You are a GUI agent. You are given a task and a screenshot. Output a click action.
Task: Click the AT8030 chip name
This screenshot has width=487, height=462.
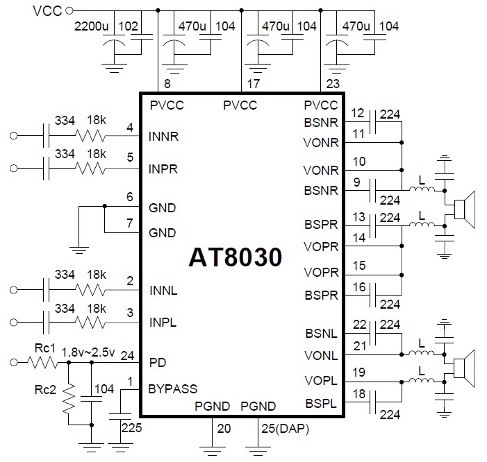(x=236, y=258)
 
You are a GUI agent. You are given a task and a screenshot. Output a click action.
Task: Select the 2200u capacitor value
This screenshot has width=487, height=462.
(x=92, y=26)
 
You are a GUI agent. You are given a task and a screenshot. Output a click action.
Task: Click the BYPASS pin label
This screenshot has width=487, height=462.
(x=173, y=389)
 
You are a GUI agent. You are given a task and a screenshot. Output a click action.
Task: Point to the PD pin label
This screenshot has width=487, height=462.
(x=157, y=362)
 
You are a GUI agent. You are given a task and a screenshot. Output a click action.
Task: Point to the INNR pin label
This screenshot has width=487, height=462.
(x=164, y=137)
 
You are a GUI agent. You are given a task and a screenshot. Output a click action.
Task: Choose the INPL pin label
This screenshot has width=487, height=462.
(x=164, y=323)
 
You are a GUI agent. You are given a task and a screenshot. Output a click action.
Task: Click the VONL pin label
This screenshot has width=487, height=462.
(x=320, y=356)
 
